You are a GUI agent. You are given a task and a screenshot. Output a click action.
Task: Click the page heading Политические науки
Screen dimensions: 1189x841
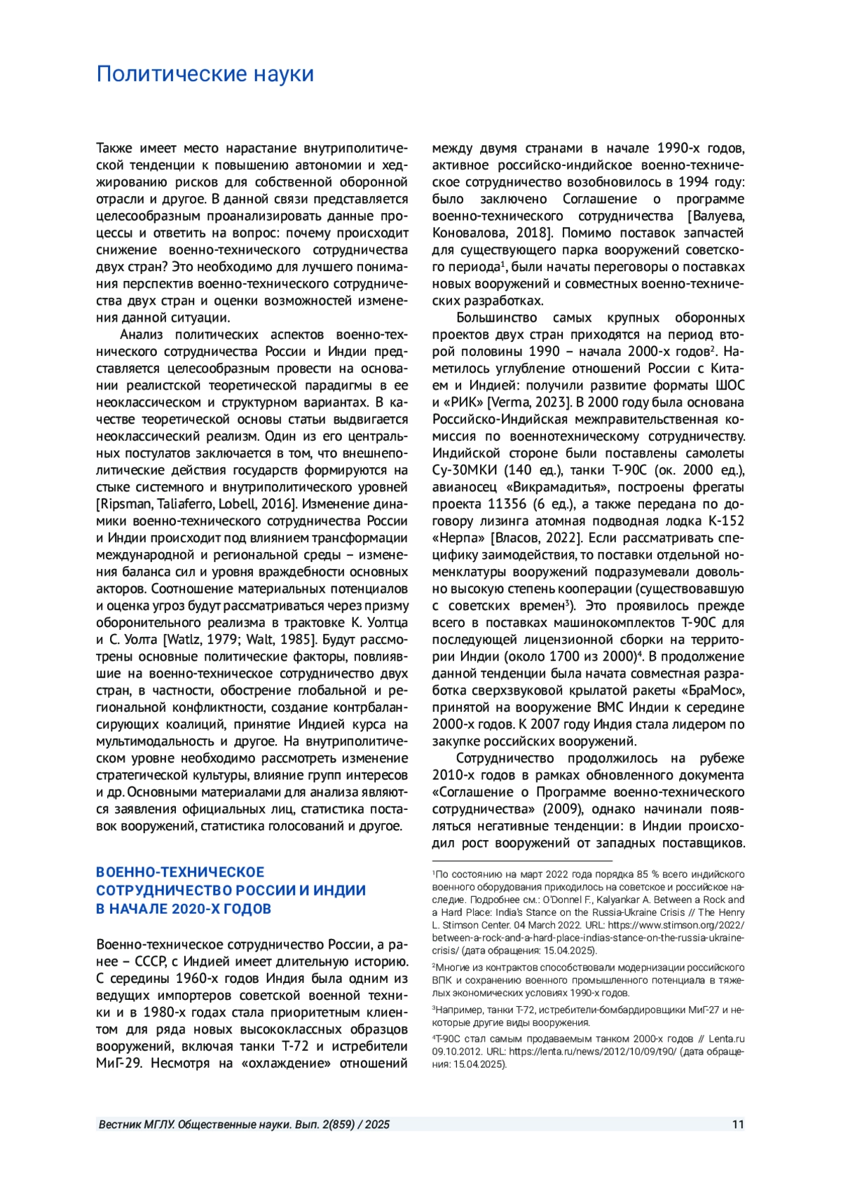(205, 74)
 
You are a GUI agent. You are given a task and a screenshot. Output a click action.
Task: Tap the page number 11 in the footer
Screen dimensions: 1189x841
(737, 1125)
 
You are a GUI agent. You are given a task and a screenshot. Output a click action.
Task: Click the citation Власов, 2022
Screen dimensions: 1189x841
(536, 538)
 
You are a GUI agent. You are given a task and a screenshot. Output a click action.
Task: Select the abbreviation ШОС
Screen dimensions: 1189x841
(730, 385)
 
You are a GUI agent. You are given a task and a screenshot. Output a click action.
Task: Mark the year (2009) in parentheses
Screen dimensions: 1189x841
(563, 809)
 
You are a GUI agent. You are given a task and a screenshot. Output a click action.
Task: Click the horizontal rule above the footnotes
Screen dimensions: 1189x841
(522, 860)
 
